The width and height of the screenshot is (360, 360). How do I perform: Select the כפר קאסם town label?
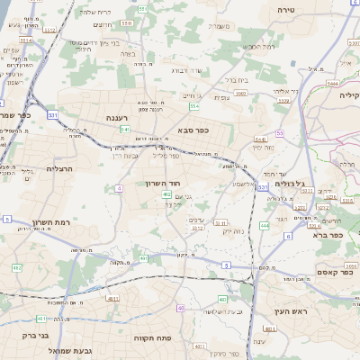coord(334,272)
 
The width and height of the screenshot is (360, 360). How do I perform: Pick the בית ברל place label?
coord(237,79)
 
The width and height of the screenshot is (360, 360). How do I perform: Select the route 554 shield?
coord(193,106)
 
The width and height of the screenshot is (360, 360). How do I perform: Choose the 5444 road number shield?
coord(333,82)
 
